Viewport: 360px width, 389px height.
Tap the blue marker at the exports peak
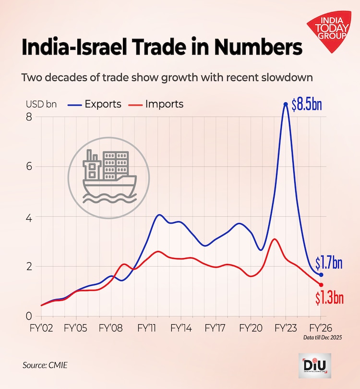pyautogui.click(x=286, y=104)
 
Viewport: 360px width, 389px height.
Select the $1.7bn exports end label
pyautogui.click(x=329, y=263)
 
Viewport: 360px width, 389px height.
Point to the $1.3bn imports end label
pyautogui.click(x=330, y=298)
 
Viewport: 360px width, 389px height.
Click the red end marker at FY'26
pyautogui.click(x=321, y=285)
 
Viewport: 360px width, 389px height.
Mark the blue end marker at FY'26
pyautogui.click(x=321, y=275)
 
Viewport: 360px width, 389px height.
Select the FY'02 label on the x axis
pyautogui.click(x=41, y=330)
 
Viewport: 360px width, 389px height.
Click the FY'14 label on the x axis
pyautogui.click(x=181, y=330)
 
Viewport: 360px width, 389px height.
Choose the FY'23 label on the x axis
pyautogui.click(x=286, y=330)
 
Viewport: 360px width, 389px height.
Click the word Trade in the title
pyautogui.click(x=158, y=48)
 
